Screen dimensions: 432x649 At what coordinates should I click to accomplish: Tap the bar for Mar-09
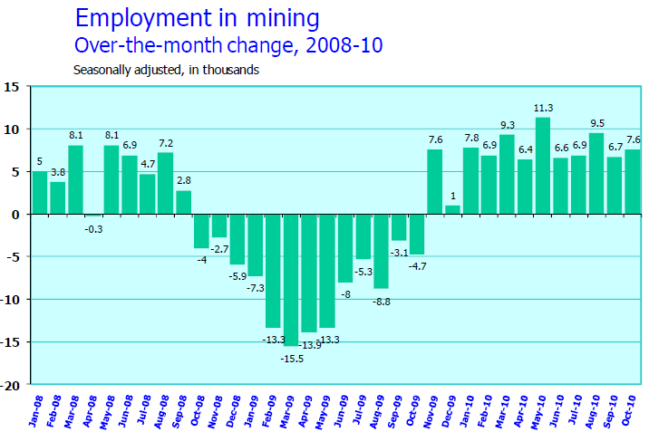click(x=291, y=280)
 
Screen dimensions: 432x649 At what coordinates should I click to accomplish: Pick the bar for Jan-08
click(x=40, y=193)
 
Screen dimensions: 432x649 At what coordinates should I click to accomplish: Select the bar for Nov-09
click(x=435, y=182)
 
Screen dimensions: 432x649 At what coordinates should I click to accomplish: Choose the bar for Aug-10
click(x=596, y=174)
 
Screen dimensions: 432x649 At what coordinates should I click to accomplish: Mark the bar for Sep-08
click(x=183, y=203)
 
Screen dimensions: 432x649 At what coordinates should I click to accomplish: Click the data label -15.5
click(x=291, y=359)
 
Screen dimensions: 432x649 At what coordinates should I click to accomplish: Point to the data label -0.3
click(x=94, y=229)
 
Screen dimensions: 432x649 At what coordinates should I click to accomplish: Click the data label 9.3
click(x=507, y=125)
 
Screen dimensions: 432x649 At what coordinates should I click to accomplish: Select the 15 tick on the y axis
click(x=13, y=87)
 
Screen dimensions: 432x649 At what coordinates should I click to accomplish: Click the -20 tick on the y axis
click(x=11, y=384)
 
